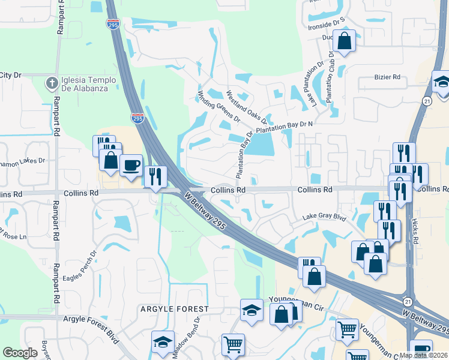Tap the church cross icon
(52, 82)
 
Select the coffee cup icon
(131, 164)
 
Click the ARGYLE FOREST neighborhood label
(174, 309)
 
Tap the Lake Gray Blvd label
(325, 217)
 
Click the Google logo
(20, 352)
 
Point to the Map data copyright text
(424, 355)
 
